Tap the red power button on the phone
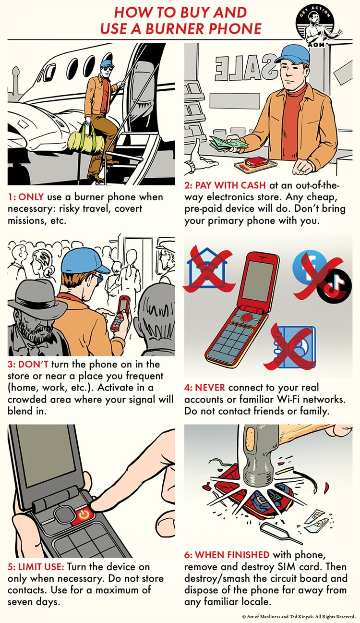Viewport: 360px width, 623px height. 84,515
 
